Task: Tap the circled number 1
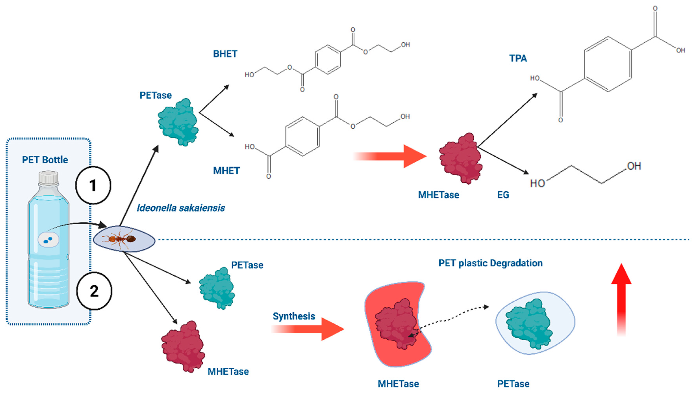[x=93, y=185]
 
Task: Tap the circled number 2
[x=94, y=291]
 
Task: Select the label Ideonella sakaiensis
[x=181, y=208]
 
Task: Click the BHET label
[x=225, y=54]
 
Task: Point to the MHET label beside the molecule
[x=226, y=170]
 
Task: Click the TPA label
[x=518, y=58]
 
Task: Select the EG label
[x=503, y=195]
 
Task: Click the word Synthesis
[x=294, y=316]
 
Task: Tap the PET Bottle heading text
[x=45, y=160]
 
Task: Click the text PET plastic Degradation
[x=490, y=263]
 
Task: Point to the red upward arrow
[x=621, y=298]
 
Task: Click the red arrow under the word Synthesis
[x=311, y=329]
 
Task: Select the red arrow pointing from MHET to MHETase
[x=392, y=156]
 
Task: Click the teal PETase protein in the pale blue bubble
[x=529, y=323]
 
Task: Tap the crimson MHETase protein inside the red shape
[x=396, y=323]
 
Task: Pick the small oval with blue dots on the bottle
[x=48, y=240]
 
